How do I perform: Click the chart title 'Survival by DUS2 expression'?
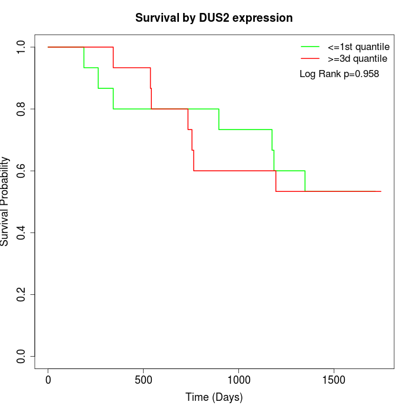214,18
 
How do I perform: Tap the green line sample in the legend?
310,46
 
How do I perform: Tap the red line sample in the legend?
310,59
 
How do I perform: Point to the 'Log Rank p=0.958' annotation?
339,74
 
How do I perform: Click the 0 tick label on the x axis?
48,380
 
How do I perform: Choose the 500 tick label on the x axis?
144,380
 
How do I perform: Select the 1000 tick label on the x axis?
239,380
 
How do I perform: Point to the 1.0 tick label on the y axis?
21,47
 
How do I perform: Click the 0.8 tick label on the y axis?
21,109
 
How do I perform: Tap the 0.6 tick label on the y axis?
21,171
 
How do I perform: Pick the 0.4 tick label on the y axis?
21,232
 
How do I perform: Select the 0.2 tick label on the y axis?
21,294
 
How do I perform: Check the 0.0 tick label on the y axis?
21,356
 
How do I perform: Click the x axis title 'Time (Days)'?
214,397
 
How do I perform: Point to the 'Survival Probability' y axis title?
6,201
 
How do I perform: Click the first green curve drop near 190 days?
84,57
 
